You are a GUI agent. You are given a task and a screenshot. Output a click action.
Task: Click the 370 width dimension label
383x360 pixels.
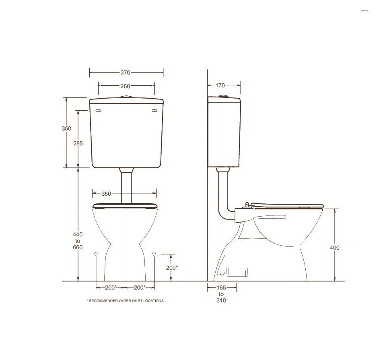(x=125, y=72)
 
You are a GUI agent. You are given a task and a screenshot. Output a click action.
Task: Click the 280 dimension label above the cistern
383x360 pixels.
(x=125, y=86)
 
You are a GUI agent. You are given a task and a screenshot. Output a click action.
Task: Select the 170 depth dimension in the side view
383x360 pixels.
(x=220, y=85)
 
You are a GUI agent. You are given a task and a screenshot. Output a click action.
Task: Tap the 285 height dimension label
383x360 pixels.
(x=78, y=143)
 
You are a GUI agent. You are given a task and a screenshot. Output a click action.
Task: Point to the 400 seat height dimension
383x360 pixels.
(x=335, y=248)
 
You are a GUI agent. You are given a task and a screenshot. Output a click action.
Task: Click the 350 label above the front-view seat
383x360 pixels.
(x=106, y=194)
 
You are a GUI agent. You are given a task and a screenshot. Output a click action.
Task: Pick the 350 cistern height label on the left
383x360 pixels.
(x=66, y=128)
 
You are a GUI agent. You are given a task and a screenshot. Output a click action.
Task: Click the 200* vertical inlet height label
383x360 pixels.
(x=172, y=268)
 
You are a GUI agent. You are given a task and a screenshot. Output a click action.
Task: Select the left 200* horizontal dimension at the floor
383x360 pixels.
(x=111, y=288)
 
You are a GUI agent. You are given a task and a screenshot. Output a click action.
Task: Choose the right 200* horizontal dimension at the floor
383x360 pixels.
(x=140, y=288)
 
